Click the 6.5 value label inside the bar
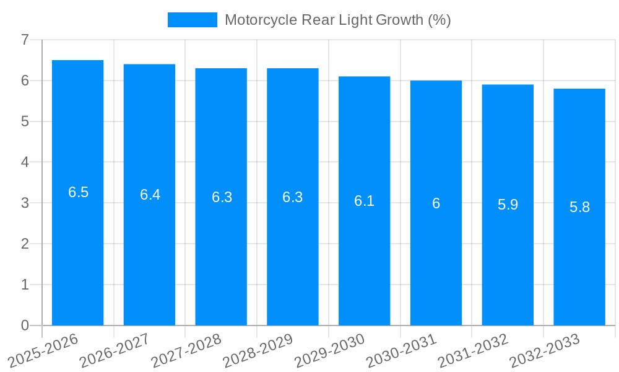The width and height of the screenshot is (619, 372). click(79, 192)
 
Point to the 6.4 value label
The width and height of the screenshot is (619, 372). click(150, 195)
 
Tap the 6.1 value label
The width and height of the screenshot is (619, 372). click(364, 201)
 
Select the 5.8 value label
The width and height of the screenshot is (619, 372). click(579, 207)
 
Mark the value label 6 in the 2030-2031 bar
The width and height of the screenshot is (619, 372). click(436, 203)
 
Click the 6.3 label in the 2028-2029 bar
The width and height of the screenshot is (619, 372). click(293, 197)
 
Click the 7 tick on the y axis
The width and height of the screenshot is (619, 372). click(25, 40)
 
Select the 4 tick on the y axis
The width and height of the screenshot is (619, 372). click(25, 162)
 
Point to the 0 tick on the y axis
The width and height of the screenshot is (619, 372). click(25, 325)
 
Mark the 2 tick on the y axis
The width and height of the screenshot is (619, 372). click(25, 244)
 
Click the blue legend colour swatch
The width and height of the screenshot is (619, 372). click(193, 20)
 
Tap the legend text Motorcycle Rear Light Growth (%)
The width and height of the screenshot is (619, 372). click(337, 20)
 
